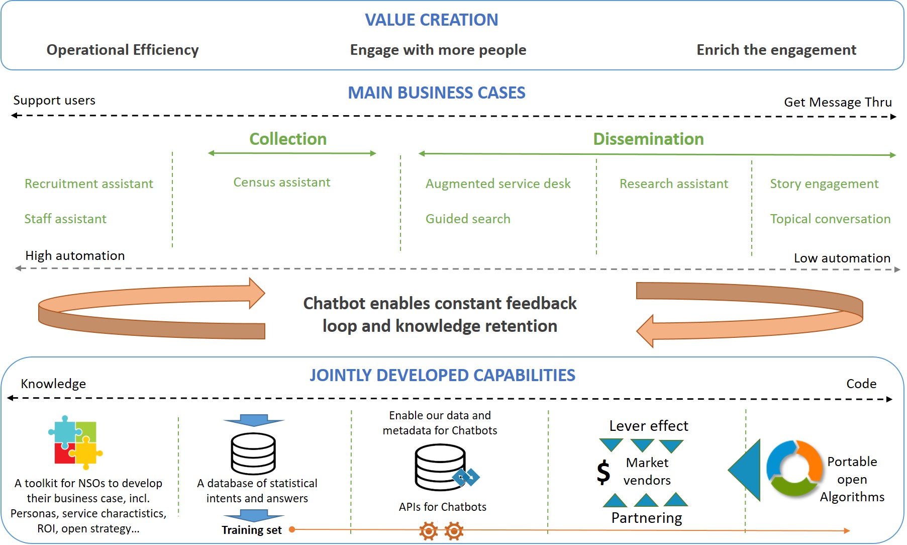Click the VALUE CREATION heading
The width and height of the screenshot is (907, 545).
click(431, 20)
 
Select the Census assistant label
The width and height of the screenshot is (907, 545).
click(281, 183)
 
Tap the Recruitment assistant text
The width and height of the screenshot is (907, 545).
click(88, 184)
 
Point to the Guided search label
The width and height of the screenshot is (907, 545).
click(467, 219)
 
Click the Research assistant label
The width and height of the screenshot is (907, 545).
click(673, 184)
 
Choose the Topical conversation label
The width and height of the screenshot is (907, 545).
click(830, 219)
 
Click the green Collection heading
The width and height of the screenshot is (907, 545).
click(288, 139)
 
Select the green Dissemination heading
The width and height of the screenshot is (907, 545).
click(648, 139)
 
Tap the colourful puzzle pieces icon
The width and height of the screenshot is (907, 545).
click(75, 442)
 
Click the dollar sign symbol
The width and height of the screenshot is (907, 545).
click(603, 472)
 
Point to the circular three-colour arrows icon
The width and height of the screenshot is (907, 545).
click(793, 468)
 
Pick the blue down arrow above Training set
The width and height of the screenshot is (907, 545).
click(254, 515)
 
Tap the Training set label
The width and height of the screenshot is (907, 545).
click(251, 530)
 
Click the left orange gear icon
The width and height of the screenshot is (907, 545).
click(428, 531)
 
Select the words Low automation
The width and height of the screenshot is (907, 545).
click(842, 258)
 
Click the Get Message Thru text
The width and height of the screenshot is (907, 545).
click(838, 103)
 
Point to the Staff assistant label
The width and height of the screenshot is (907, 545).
click(65, 219)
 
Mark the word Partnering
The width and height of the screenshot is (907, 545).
click(646, 518)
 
